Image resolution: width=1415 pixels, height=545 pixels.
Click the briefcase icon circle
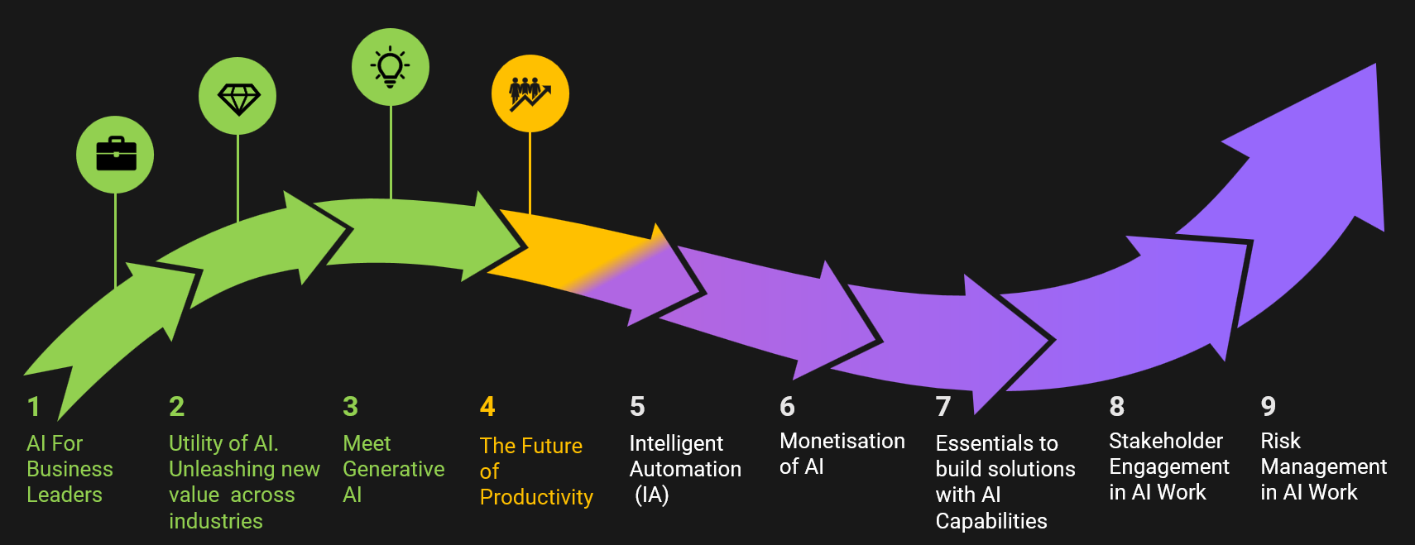point(115,155)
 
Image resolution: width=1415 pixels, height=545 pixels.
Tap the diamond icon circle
point(237,96)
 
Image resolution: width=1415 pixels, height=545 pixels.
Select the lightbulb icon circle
point(391,67)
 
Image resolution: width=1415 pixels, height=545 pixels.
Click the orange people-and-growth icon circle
point(530,93)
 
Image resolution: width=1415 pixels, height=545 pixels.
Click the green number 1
point(34,408)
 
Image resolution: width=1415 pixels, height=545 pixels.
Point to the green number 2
point(177,408)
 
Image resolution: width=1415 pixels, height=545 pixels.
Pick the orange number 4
point(487,408)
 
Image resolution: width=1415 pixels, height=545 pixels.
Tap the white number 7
point(943,408)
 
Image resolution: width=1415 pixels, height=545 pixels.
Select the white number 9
point(1269,407)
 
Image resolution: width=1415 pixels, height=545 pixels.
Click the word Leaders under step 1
point(65,495)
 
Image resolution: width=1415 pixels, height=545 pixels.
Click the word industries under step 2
point(215,521)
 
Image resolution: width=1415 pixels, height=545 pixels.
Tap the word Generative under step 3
point(394,469)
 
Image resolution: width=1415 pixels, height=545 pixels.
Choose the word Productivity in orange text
point(536,498)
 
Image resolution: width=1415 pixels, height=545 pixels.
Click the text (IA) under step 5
point(652,495)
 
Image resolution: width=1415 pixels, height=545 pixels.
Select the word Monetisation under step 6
point(842,441)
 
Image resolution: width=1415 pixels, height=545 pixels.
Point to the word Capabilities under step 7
point(991,521)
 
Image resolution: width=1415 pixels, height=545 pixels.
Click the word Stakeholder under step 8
point(1166,441)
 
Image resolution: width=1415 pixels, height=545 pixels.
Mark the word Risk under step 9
point(1280,441)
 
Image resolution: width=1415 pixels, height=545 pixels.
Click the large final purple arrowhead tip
point(1375,65)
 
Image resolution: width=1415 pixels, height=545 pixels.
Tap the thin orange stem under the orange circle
point(530,173)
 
